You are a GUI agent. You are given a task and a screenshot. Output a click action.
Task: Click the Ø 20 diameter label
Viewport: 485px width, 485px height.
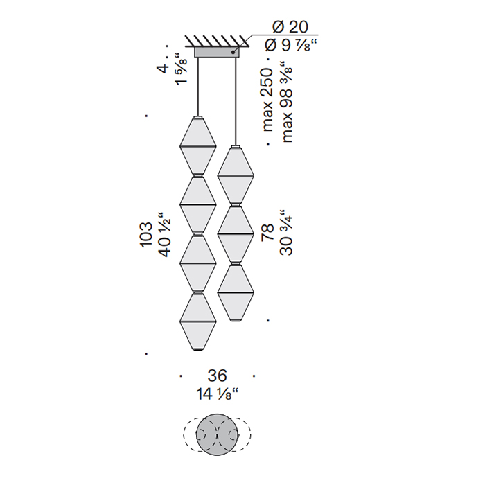point(290,27)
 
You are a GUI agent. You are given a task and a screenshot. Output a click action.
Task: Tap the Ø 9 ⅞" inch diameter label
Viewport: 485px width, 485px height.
point(292,46)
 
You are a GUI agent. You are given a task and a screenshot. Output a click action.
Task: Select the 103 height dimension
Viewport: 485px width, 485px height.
point(146,234)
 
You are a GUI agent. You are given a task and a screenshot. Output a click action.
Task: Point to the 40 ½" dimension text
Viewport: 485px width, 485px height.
point(164,234)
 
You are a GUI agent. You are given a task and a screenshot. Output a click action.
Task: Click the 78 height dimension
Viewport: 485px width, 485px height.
point(268,232)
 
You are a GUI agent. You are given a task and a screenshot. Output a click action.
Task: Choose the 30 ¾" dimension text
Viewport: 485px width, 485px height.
point(285,232)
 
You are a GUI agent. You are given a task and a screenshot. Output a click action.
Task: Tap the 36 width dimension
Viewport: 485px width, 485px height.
point(217,376)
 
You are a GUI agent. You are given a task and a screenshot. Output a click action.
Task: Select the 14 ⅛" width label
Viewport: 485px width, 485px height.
point(218,394)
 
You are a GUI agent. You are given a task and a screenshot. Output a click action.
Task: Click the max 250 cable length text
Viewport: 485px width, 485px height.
point(267,100)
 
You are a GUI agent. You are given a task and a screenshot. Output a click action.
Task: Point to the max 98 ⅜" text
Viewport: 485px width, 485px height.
point(285,102)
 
